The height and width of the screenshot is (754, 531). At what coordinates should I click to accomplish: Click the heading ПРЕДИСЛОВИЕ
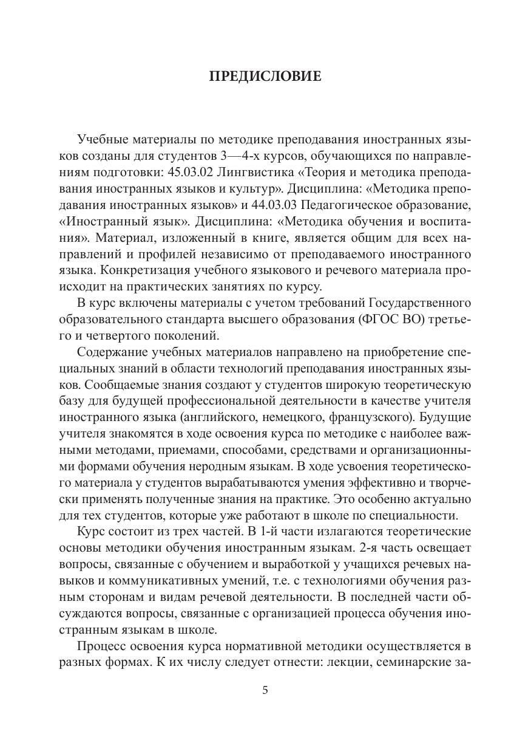pyautogui.click(x=265, y=77)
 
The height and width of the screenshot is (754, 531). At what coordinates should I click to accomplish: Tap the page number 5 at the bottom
pyautogui.click(x=265, y=690)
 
